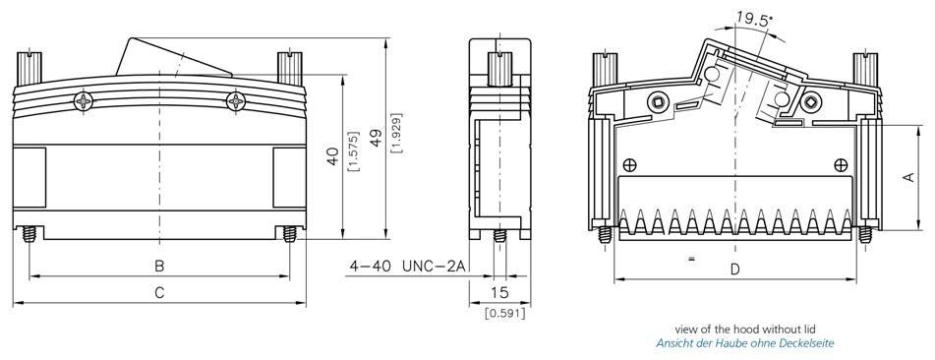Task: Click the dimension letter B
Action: [159, 267]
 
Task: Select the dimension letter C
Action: [159, 293]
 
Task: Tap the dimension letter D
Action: [735, 270]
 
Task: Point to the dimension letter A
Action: [908, 177]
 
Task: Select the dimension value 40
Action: [333, 156]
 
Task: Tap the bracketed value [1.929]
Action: [395, 133]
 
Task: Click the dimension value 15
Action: [499, 292]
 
